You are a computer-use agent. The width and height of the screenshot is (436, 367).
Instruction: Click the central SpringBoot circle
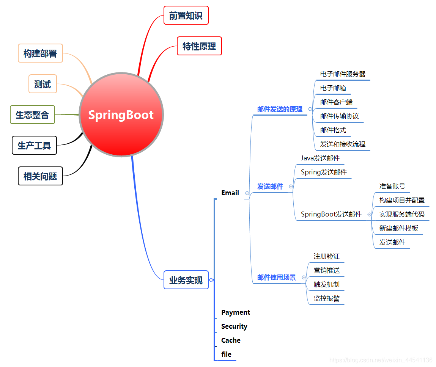pyautogui.click(x=121, y=114)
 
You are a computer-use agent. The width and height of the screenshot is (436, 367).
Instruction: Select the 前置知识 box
pyautogui.click(x=186, y=15)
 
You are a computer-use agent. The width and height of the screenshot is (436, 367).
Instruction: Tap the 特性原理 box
pyautogui.click(x=199, y=46)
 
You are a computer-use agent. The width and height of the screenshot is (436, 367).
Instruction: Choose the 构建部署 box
pyautogui.click(x=40, y=53)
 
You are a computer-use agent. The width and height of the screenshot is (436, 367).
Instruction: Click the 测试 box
pyautogui.click(x=42, y=84)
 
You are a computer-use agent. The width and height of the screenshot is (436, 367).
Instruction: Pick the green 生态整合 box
pyautogui.click(x=32, y=114)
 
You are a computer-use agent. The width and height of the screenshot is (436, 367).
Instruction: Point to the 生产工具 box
pyautogui.click(x=34, y=145)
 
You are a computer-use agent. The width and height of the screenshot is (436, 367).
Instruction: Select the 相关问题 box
pyautogui.click(x=40, y=176)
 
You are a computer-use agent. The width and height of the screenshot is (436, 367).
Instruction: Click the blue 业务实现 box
pyautogui.click(x=186, y=280)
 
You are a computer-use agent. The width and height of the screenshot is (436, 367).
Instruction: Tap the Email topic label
pyautogui.click(x=230, y=193)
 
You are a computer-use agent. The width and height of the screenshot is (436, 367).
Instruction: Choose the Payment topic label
pyautogui.click(x=236, y=312)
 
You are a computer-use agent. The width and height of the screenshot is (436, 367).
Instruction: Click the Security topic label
pyautogui.click(x=234, y=326)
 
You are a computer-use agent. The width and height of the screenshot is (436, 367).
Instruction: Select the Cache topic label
pyautogui.click(x=231, y=340)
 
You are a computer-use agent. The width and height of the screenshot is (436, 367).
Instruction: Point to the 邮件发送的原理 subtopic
pyautogui.click(x=280, y=109)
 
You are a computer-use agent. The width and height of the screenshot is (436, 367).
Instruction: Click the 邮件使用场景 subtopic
pyautogui.click(x=276, y=278)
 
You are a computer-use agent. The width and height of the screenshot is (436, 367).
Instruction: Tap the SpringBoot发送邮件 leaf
pyautogui.click(x=331, y=214)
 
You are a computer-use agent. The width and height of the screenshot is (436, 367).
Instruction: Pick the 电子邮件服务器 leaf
pyautogui.click(x=343, y=74)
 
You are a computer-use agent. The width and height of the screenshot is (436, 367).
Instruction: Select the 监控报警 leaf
pyautogui.click(x=326, y=298)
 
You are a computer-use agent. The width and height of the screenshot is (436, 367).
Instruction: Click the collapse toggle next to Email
pyautogui.click(x=247, y=193)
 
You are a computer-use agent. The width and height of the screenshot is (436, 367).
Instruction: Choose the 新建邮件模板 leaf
pyautogui.click(x=398, y=228)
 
